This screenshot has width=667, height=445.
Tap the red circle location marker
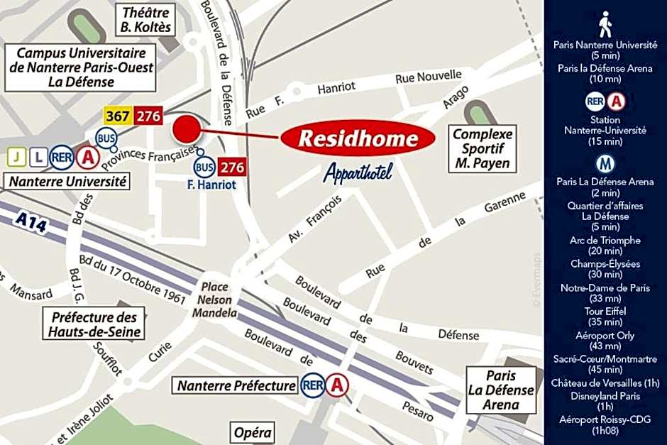[187, 129]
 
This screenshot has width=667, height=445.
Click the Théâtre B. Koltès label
[146, 20]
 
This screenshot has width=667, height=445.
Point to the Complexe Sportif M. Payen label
[483, 149]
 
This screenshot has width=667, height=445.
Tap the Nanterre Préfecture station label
[236, 386]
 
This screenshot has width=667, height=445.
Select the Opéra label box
[253, 432]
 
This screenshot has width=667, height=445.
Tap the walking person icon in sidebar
[605, 24]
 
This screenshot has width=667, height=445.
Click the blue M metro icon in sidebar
[605, 164]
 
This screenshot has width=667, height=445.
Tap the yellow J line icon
[16, 157]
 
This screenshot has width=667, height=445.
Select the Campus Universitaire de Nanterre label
[81, 67]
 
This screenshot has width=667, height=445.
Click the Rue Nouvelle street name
[429, 77]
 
